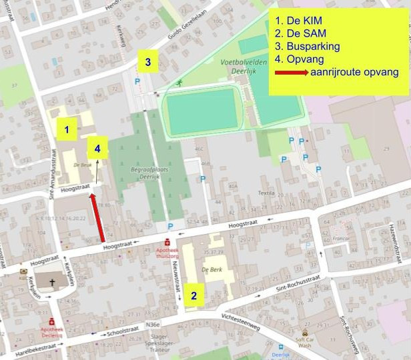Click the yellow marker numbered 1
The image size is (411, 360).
coord(66,128)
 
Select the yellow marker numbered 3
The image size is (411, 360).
coord(147,63)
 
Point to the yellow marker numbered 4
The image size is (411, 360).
coord(97,149)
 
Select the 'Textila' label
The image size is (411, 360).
coord(267,193)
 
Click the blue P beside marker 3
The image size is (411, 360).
coord(138,81)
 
